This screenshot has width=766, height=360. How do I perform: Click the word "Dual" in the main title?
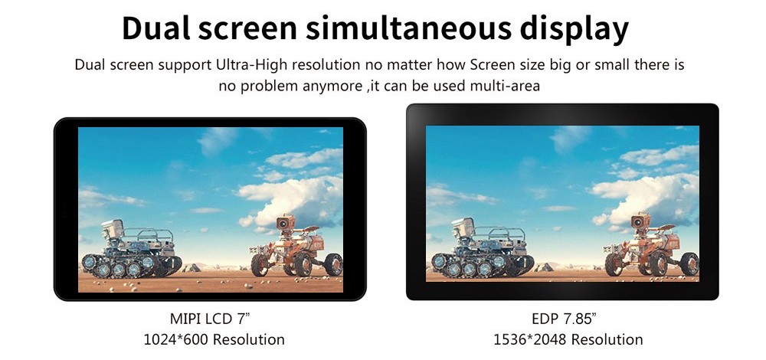click(155, 28)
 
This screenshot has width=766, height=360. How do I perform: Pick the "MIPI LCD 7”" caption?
click(210, 319)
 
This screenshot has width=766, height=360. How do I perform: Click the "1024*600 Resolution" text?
click(214, 339)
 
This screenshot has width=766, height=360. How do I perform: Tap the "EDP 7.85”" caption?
click(565, 319)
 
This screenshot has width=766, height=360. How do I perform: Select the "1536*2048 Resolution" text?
click(568, 339)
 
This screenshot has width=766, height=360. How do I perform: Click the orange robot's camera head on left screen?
click(285, 223)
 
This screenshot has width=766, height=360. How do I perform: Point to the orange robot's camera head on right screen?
click(640, 221)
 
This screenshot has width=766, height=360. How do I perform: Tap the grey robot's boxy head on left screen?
click(113, 229)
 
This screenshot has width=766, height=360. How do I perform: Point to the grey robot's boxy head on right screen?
click(463, 227)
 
